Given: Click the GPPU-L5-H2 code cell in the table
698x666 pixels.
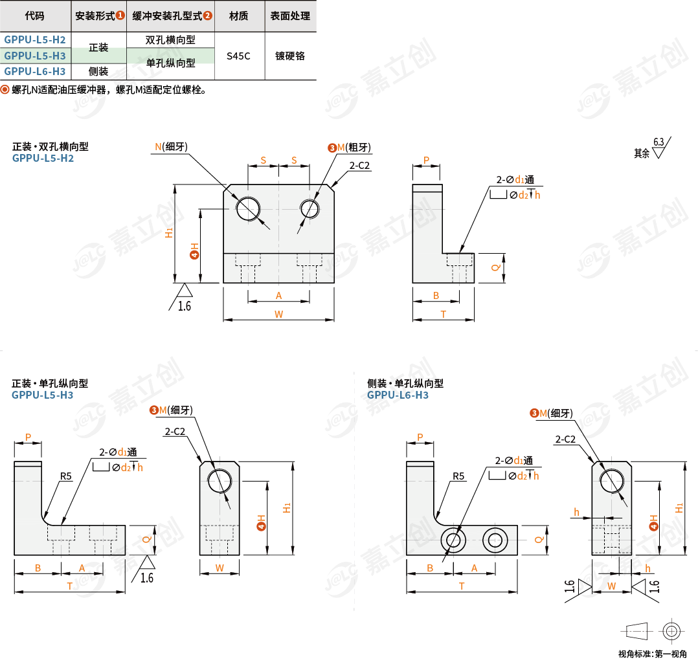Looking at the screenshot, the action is pyautogui.click(x=35, y=39).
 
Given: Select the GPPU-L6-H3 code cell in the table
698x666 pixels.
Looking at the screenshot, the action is pyautogui.click(x=35, y=71).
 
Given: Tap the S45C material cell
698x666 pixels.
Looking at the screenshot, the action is pyautogui.click(x=238, y=56).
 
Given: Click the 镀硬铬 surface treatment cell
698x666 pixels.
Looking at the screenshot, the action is pyautogui.click(x=290, y=56).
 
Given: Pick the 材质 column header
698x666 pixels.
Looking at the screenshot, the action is pyautogui.click(x=238, y=16).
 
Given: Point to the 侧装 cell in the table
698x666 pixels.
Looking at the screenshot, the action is pyautogui.click(x=98, y=71).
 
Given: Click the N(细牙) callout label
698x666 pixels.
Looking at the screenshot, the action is pyautogui.click(x=172, y=147).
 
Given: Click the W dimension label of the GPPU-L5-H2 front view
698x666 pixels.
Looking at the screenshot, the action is pyautogui.click(x=278, y=314).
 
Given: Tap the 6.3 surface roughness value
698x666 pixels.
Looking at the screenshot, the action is pyautogui.click(x=659, y=142).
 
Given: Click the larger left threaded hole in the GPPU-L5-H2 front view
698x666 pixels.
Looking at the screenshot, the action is pyautogui.click(x=248, y=208).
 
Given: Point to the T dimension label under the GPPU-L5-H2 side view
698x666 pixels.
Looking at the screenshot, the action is pyautogui.click(x=444, y=314).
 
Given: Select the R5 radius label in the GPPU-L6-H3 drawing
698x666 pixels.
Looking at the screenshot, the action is pyautogui.click(x=458, y=476).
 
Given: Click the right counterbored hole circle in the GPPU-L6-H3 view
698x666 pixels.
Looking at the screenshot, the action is pyautogui.click(x=495, y=540).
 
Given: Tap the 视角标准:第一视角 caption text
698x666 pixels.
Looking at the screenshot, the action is pyautogui.click(x=653, y=654).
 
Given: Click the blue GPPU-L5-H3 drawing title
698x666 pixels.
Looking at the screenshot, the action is pyautogui.click(x=42, y=395).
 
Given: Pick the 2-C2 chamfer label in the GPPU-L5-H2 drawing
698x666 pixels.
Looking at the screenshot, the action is pyautogui.click(x=360, y=166).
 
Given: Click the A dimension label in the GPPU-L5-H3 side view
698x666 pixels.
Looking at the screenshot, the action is pyautogui.click(x=82, y=568).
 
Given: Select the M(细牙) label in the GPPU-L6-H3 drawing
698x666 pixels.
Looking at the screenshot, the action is pyautogui.click(x=556, y=414).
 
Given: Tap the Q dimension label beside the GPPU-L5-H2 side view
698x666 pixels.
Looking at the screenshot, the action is pyautogui.click(x=495, y=267).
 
